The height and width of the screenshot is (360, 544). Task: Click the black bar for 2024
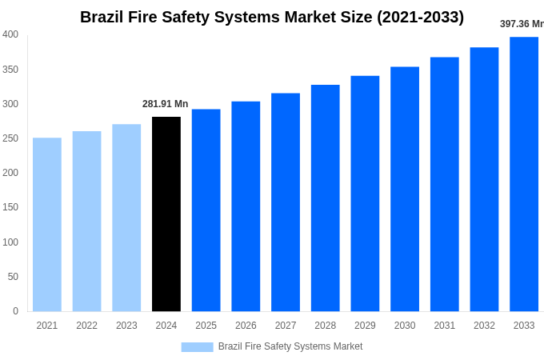pyautogui.click(x=166, y=214)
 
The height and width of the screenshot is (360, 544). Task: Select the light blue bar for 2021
pyautogui.click(x=47, y=224)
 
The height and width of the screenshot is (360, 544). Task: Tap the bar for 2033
pyautogui.click(x=524, y=174)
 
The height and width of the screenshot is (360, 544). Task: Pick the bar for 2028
pyautogui.click(x=326, y=198)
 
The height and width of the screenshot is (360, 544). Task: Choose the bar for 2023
pyautogui.click(x=126, y=218)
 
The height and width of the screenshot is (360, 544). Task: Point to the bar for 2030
pyautogui.click(x=405, y=189)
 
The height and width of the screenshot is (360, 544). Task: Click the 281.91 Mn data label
pyautogui.click(x=166, y=104)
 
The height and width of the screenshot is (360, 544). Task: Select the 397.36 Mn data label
pyautogui.click(x=522, y=24)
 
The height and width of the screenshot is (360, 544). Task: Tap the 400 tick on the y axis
pyautogui.click(x=10, y=34)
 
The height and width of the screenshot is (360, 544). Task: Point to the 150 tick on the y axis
pyautogui.click(x=10, y=207)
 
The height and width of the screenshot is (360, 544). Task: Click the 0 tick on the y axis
pyautogui.click(x=15, y=311)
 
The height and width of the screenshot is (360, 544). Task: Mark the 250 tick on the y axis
pyautogui.click(x=10, y=138)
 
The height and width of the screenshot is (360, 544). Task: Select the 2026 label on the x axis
pyautogui.click(x=246, y=326)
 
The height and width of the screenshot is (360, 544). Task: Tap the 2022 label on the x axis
pyautogui.click(x=86, y=326)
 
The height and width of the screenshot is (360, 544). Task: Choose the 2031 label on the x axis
pyautogui.click(x=445, y=326)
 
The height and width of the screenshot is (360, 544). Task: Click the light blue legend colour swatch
pyautogui.click(x=197, y=346)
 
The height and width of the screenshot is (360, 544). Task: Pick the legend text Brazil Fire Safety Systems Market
pyautogui.click(x=290, y=346)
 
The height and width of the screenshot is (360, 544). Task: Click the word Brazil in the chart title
pyautogui.click(x=102, y=17)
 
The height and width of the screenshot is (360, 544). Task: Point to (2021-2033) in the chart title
pyautogui.click(x=420, y=17)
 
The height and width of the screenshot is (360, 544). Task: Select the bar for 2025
pyautogui.click(x=206, y=210)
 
